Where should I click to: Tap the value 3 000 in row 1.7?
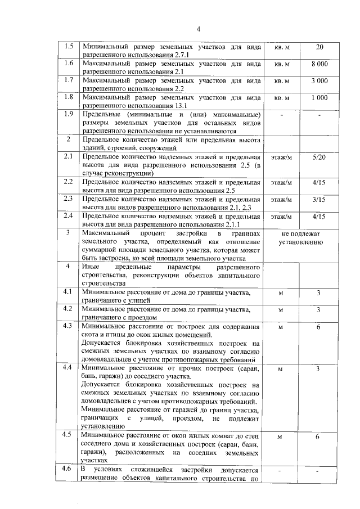pyautogui.click(x=319, y=81)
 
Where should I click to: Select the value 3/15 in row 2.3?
pyautogui.click(x=319, y=200)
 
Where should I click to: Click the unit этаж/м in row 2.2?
pyautogui.click(x=282, y=183)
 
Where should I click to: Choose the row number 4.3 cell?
pyautogui.click(x=69, y=326)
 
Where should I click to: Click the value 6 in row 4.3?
pyautogui.click(x=318, y=327)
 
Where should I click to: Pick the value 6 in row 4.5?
pyautogui.click(x=318, y=436)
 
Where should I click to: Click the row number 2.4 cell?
pyautogui.click(x=69, y=215)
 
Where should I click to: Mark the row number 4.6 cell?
pyautogui.click(x=69, y=469)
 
